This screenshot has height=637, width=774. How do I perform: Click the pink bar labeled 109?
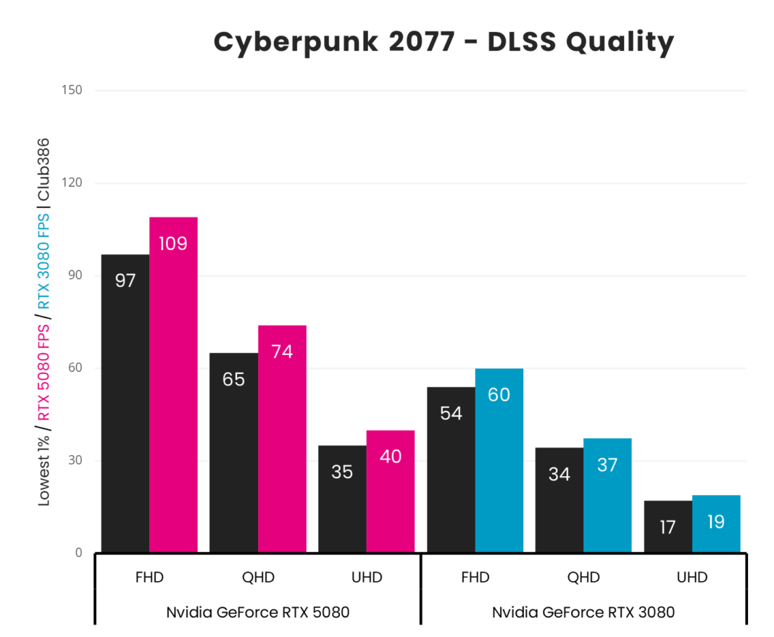point(173,384)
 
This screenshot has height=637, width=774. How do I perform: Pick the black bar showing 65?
point(233,452)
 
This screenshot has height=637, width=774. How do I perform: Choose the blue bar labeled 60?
point(499,460)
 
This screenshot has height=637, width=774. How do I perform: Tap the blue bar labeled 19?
point(716,523)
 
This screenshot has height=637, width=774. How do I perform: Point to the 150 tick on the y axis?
point(72,91)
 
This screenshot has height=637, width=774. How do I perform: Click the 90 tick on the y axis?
point(75,275)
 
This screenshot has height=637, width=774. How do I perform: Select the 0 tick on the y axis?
point(78,553)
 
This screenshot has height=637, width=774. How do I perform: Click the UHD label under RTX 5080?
point(366,578)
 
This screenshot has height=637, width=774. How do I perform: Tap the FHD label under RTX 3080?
point(475,578)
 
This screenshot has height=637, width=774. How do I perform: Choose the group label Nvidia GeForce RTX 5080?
point(258,612)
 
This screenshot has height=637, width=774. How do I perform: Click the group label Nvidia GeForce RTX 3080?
point(583,612)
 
